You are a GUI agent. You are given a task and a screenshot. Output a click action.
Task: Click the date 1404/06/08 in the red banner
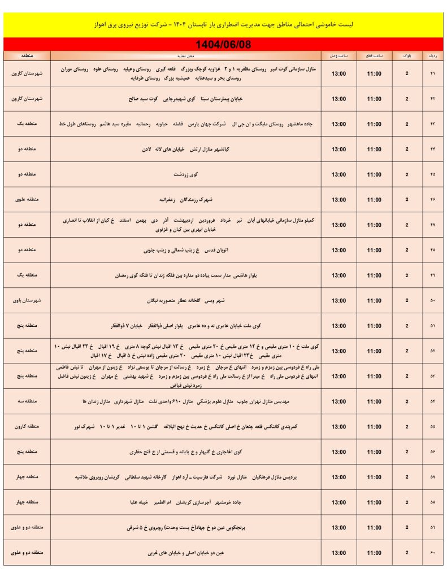coord(223,44)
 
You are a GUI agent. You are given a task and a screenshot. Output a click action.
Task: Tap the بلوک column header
coord(407,56)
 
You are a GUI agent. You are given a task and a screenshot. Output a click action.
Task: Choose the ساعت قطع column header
coord(374,56)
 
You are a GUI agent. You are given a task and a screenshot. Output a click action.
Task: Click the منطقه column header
coord(27,56)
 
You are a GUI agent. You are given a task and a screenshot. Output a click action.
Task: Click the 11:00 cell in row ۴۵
coord(374,174)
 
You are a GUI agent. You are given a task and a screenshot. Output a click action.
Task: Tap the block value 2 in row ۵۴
coord(407,401)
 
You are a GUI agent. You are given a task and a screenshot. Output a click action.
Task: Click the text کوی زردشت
coord(186,174)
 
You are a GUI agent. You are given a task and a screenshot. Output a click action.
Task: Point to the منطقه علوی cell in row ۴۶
coord(27,200)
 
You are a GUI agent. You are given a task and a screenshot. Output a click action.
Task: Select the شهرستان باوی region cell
coord(27,300)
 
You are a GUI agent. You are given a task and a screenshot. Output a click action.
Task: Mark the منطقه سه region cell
coord(27,401)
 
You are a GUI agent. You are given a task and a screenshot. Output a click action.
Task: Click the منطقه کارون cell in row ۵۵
coord(27,427)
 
